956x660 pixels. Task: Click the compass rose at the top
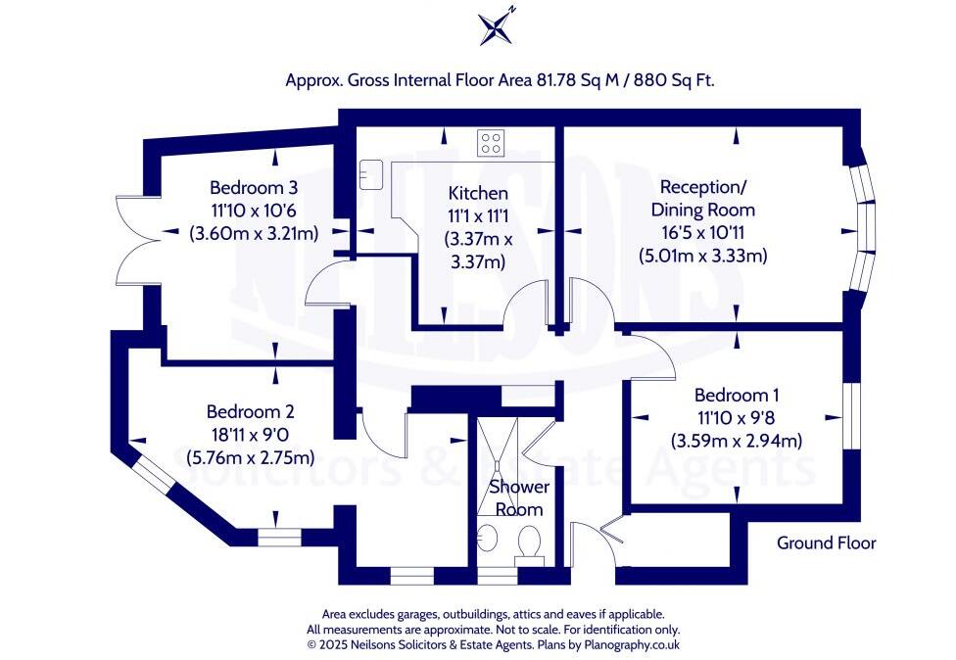[497, 26]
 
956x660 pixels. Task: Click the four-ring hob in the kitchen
[491, 143]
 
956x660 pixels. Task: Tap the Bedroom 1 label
[737, 396]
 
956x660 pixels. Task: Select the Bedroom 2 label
[250, 412]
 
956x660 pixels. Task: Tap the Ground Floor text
[826, 542]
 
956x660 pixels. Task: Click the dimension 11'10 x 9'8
[737, 418]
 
